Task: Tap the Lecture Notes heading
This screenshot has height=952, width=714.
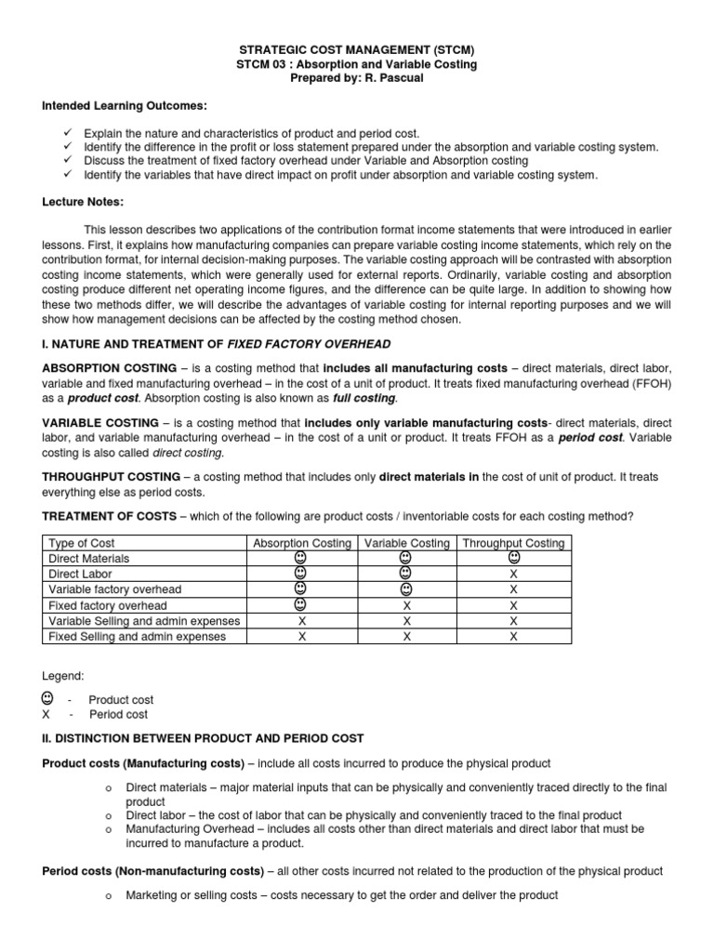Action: pos(83,202)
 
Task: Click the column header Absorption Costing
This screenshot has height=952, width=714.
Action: pos(301,543)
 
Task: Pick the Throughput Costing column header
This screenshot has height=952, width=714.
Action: pos(512,543)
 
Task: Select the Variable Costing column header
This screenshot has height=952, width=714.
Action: pos(406,543)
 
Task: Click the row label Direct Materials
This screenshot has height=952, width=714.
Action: pos(89,559)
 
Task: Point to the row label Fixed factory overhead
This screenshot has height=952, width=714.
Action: pos(108,605)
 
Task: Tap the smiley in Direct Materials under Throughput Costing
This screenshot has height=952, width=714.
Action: pos(513,558)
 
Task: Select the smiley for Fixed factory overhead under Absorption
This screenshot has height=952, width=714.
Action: pos(301,604)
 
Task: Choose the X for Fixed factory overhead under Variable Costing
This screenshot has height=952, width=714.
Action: pos(406,605)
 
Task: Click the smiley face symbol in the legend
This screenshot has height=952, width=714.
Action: pos(47,698)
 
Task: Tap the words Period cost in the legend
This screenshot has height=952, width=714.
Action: pos(118,715)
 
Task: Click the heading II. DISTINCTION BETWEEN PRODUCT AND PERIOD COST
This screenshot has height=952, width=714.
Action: pos(203,738)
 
